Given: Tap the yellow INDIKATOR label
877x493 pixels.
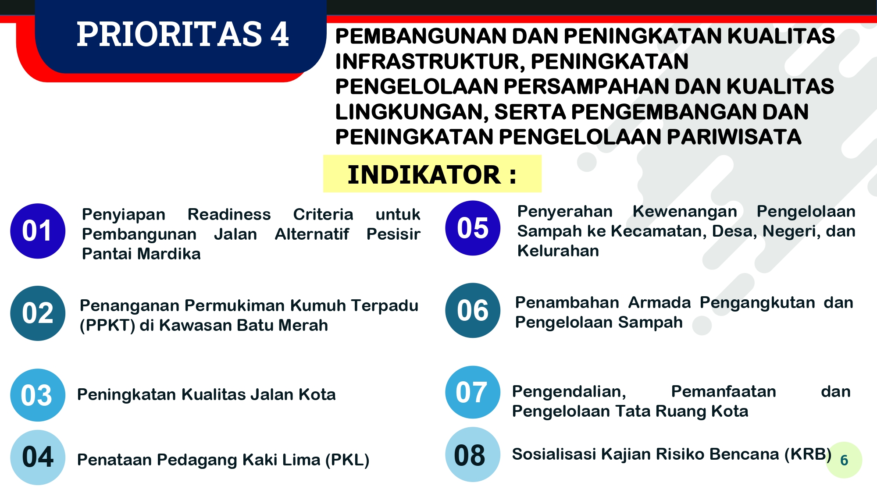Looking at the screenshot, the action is click(x=432, y=174).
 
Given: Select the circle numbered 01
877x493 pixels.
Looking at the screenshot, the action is click(x=38, y=231).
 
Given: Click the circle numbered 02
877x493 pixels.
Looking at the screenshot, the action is click(x=38, y=313).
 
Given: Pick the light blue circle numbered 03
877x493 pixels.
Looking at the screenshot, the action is click(x=38, y=395).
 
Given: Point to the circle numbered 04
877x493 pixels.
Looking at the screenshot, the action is click(x=38, y=457).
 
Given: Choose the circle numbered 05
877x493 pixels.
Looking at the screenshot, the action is click(x=473, y=228).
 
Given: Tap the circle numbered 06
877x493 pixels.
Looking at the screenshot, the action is click(x=473, y=310).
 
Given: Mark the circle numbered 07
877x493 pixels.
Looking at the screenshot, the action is click(x=473, y=392).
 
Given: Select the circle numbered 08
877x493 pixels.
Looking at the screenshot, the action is click(x=473, y=454).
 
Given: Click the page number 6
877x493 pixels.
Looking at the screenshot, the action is click(x=844, y=460).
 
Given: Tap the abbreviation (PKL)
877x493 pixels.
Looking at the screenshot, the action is click(x=347, y=460).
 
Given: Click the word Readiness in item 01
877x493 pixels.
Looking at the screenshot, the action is click(x=229, y=214).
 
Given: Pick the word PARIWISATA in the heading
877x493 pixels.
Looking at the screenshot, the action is click(x=734, y=137).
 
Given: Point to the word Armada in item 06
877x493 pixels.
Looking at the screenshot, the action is click(x=660, y=302).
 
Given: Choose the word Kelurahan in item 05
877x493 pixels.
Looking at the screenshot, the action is click(x=558, y=251).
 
